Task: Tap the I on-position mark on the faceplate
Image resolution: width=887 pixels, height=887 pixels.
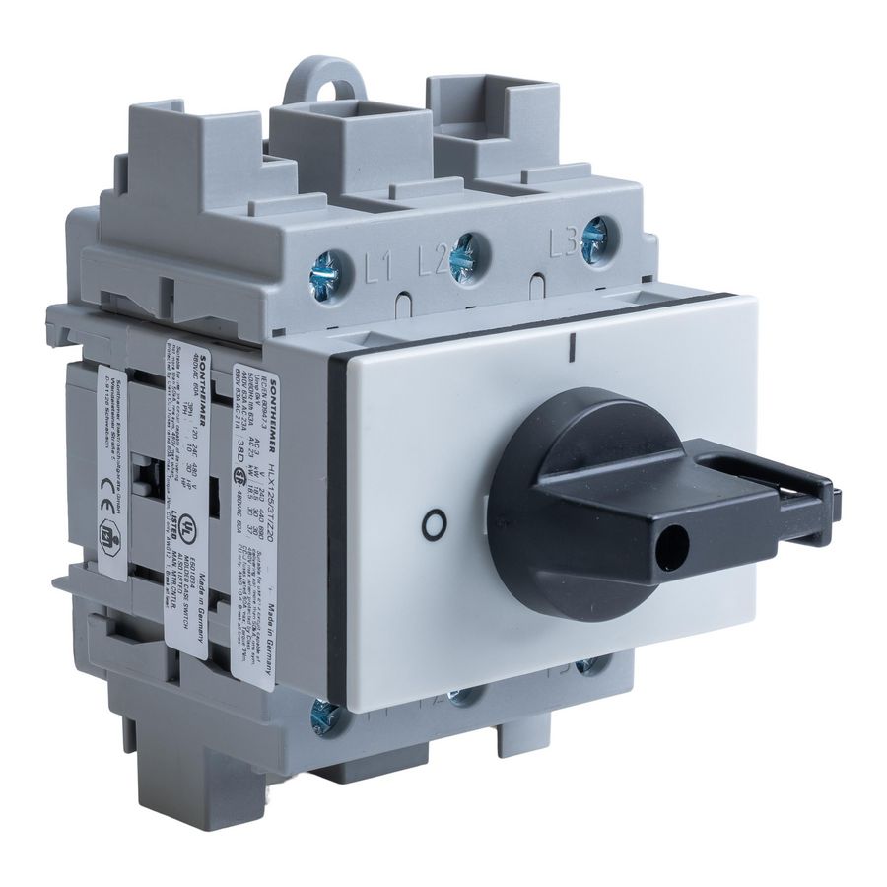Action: pyautogui.click(x=572, y=348)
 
